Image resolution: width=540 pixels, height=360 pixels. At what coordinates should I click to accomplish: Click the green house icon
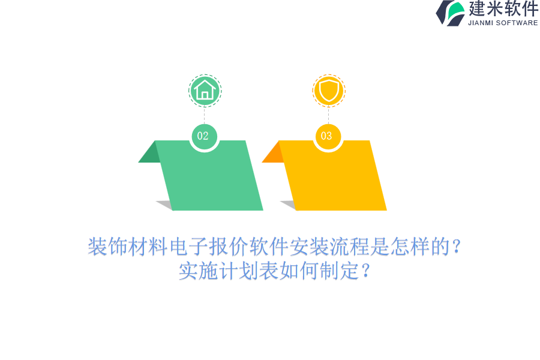[205, 91]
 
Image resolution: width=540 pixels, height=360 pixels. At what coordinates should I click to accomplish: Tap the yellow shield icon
[329, 91]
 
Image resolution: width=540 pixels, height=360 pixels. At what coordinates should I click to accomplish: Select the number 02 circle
[204, 136]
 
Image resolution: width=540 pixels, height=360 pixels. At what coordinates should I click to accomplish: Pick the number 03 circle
[328, 136]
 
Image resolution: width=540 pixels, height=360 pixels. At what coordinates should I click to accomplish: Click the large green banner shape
[209, 176]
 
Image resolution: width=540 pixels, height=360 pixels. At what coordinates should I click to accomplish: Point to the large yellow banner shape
[332, 176]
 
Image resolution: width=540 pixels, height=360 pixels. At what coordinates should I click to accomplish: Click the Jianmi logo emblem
[451, 13]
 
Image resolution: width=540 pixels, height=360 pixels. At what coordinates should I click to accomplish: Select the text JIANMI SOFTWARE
[503, 23]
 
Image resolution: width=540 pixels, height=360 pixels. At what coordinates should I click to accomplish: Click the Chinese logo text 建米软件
[503, 8]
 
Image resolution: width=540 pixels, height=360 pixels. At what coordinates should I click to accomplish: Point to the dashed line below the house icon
[205, 115]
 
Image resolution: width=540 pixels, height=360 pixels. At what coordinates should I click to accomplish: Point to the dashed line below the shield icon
[329, 115]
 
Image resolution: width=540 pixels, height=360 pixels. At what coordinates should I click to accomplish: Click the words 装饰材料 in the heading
[128, 247]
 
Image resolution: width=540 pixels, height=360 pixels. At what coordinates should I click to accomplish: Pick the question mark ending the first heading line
[457, 247]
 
